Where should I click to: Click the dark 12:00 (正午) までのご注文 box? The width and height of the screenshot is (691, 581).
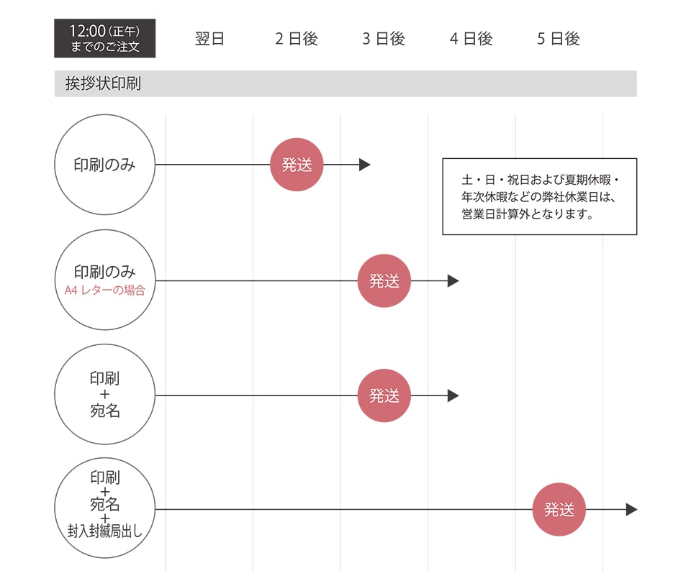coord(105,39)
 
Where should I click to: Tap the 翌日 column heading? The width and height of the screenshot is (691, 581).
coord(209,39)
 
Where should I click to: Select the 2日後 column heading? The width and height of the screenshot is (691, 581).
coord(297,39)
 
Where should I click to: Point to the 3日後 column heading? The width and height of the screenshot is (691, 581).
coord(384,39)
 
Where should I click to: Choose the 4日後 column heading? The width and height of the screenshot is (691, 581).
coord(471,39)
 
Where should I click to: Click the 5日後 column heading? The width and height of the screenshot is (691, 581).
coord(559,39)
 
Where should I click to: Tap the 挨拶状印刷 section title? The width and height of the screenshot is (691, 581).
coord(103,83)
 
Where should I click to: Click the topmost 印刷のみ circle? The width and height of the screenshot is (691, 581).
coord(105,165)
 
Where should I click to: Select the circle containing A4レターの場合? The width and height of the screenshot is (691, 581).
coord(105,280)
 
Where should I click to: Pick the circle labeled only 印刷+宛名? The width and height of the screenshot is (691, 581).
coord(105,395)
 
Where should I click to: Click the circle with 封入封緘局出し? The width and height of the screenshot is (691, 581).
coord(105,509)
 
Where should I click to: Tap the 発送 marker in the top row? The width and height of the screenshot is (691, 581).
coord(297,165)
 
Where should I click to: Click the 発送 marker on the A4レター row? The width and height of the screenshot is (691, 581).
coord(384,280)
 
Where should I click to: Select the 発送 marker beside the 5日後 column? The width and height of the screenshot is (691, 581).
coord(559,510)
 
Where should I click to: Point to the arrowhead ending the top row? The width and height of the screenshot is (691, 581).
coord(365,165)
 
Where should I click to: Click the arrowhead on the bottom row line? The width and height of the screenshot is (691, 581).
coord(631,510)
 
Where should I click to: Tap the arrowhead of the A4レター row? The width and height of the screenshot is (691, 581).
coord(453,280)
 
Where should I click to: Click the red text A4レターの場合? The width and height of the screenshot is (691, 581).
coord(105,290)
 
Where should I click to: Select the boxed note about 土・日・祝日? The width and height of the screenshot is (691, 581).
coord(539,196)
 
